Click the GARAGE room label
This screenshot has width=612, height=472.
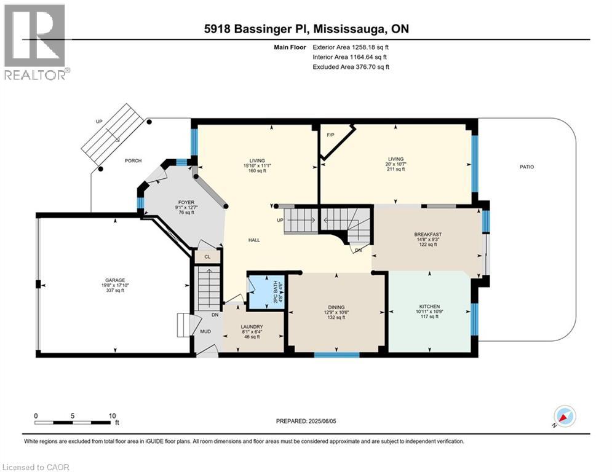pos(114,278)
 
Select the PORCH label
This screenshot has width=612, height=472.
pos(133,161)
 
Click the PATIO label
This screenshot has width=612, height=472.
pos(526,167)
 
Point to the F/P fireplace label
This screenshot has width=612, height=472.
pos(330,135)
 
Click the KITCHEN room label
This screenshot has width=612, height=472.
pos(429,306)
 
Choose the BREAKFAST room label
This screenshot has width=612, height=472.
pos(427,234)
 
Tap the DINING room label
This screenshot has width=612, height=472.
pos(336,307)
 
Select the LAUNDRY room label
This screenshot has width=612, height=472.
pos(252,326)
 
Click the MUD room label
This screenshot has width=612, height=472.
pos(206,332)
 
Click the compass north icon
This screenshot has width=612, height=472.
pos(565,416)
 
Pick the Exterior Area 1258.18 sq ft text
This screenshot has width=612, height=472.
pos(351,46)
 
